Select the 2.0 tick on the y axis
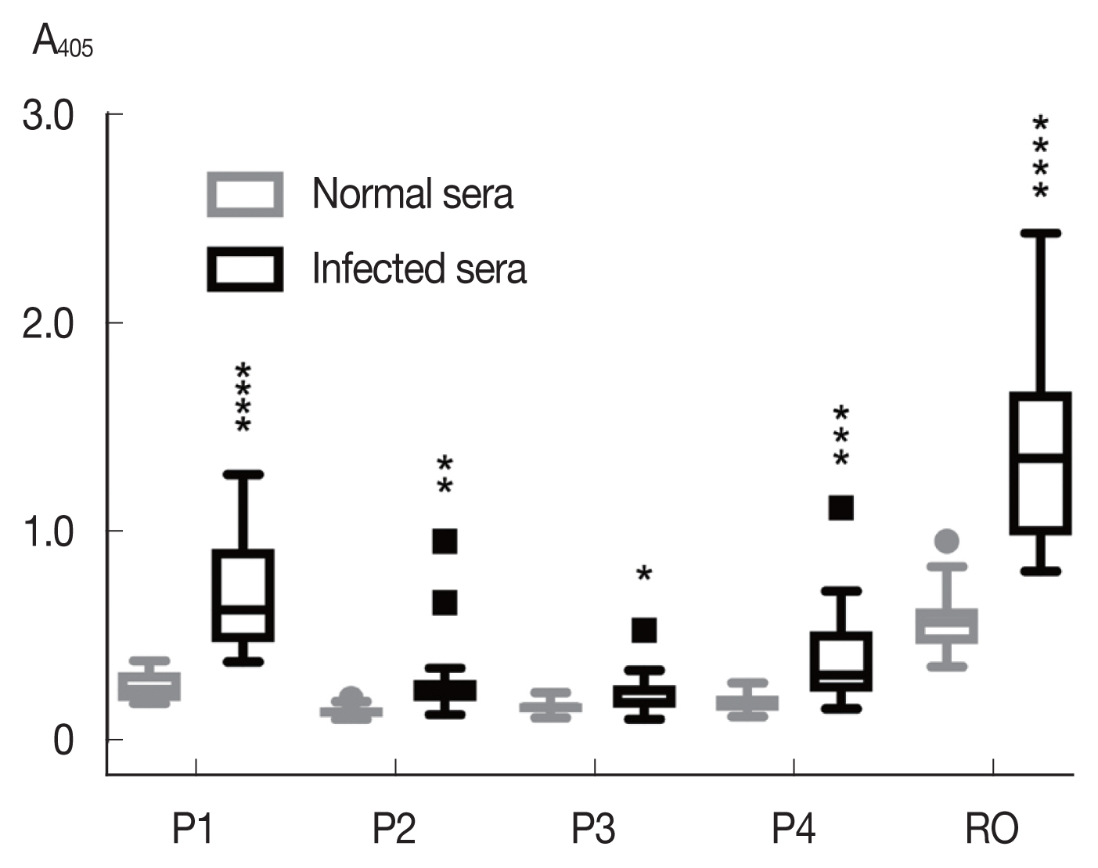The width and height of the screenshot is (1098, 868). coord(49,323)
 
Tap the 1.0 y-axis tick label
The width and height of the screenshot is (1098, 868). coord(49,531)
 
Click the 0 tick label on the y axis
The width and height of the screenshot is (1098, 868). coord(63,740)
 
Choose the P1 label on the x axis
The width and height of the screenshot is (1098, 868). coord(193,829)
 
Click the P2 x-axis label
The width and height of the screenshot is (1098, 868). coord(394,829)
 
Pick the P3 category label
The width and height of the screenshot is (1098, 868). coord(593,829)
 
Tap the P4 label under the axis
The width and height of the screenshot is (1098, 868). coord(793,829)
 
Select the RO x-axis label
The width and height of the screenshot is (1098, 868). coord(992,829)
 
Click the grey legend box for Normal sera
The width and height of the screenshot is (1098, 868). coord(245,194)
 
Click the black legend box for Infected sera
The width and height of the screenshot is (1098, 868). coord(245,269)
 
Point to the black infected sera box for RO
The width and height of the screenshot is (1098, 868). coord(1040,463)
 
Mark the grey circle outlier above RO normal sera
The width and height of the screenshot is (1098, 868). coord(947,541)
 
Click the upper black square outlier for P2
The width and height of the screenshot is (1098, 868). coord(445,541)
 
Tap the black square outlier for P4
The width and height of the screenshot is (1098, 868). coord(841,508)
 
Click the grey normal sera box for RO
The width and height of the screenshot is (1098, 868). coord(947,626)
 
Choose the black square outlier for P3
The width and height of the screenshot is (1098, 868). coord(643,630)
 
